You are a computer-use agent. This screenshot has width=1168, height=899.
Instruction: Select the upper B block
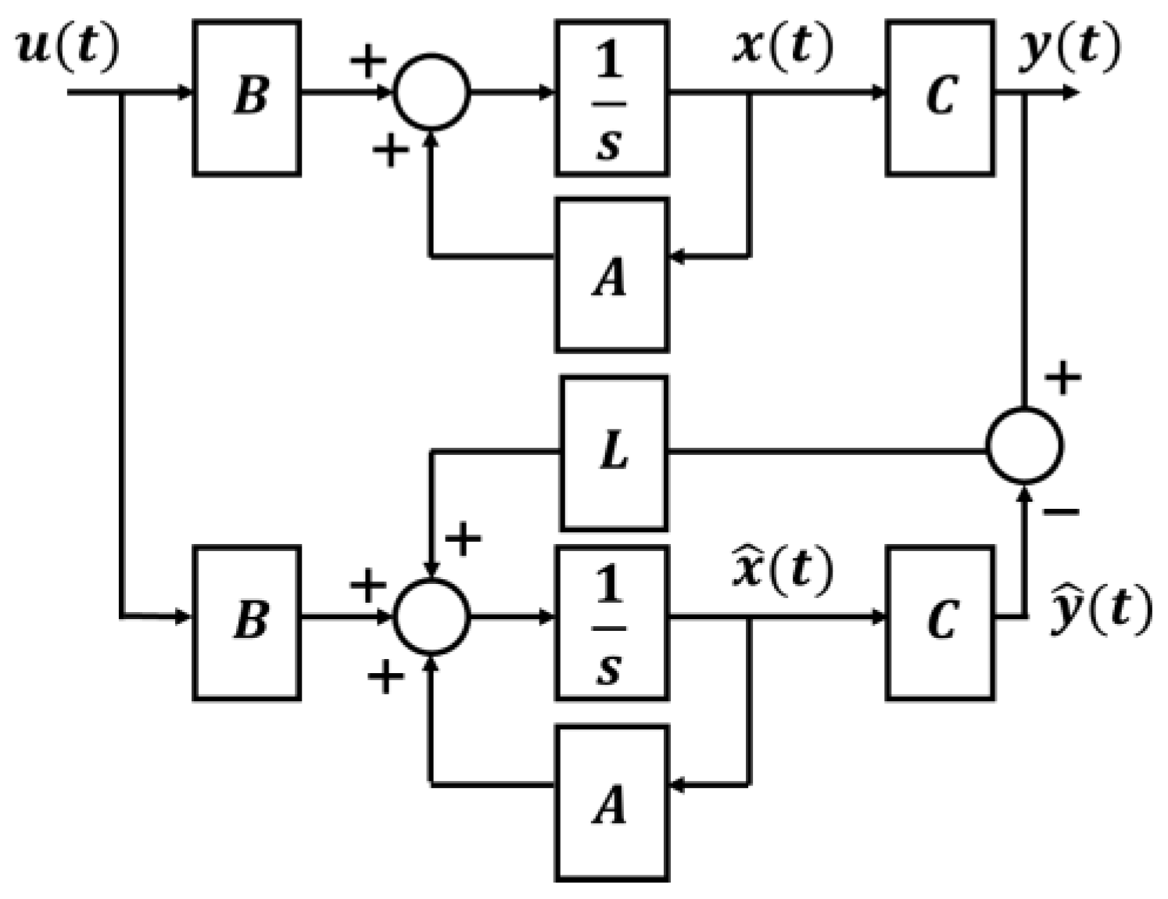[x=247, y=98]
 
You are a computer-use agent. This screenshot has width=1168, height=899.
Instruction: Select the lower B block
[x=247, y=622]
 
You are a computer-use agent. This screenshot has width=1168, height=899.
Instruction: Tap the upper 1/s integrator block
[x=611, y=98]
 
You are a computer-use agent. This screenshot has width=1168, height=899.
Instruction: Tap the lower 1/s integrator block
[x=611, y=622]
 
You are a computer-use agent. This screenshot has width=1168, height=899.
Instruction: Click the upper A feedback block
[x=611, y=275]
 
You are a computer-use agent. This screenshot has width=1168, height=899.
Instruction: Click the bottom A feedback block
[x=611, y=803]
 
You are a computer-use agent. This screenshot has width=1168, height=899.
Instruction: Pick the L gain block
[x=614, y=453]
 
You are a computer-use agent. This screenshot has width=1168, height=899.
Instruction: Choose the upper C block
[x=940, y=98]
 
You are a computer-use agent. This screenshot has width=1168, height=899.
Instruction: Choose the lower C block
[x=940, y=622]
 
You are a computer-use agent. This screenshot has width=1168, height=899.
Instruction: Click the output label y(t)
[x=1069, y=47]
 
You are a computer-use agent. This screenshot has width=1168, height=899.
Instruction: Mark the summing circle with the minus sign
[x=1024, y=445]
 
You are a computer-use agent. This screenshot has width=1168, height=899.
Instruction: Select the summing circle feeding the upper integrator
[x=432, y=92]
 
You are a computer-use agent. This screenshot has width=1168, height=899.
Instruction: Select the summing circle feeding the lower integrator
[x=432, y=617]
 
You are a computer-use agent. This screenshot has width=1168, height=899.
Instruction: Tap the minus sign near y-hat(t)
[x=1062, y=512]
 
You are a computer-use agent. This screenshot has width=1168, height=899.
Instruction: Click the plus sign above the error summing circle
[x=1062, y=379]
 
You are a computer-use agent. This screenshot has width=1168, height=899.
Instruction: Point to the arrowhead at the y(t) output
[x=1072, y=93]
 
